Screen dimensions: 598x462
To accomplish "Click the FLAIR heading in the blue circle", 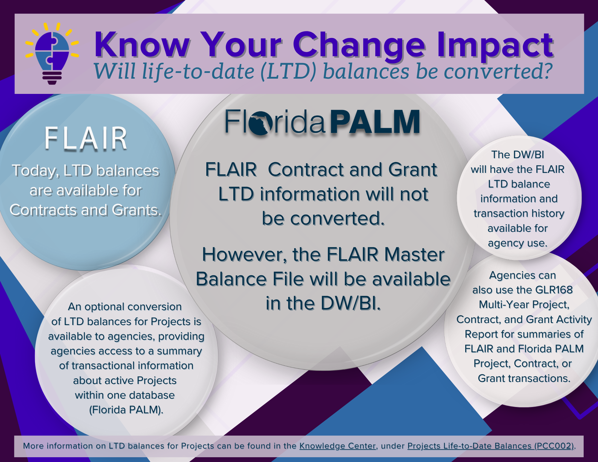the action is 86,138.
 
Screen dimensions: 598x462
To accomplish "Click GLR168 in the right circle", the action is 554,290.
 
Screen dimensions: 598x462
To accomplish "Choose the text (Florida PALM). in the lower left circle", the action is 126,410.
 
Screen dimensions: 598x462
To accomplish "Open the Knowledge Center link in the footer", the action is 338,446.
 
